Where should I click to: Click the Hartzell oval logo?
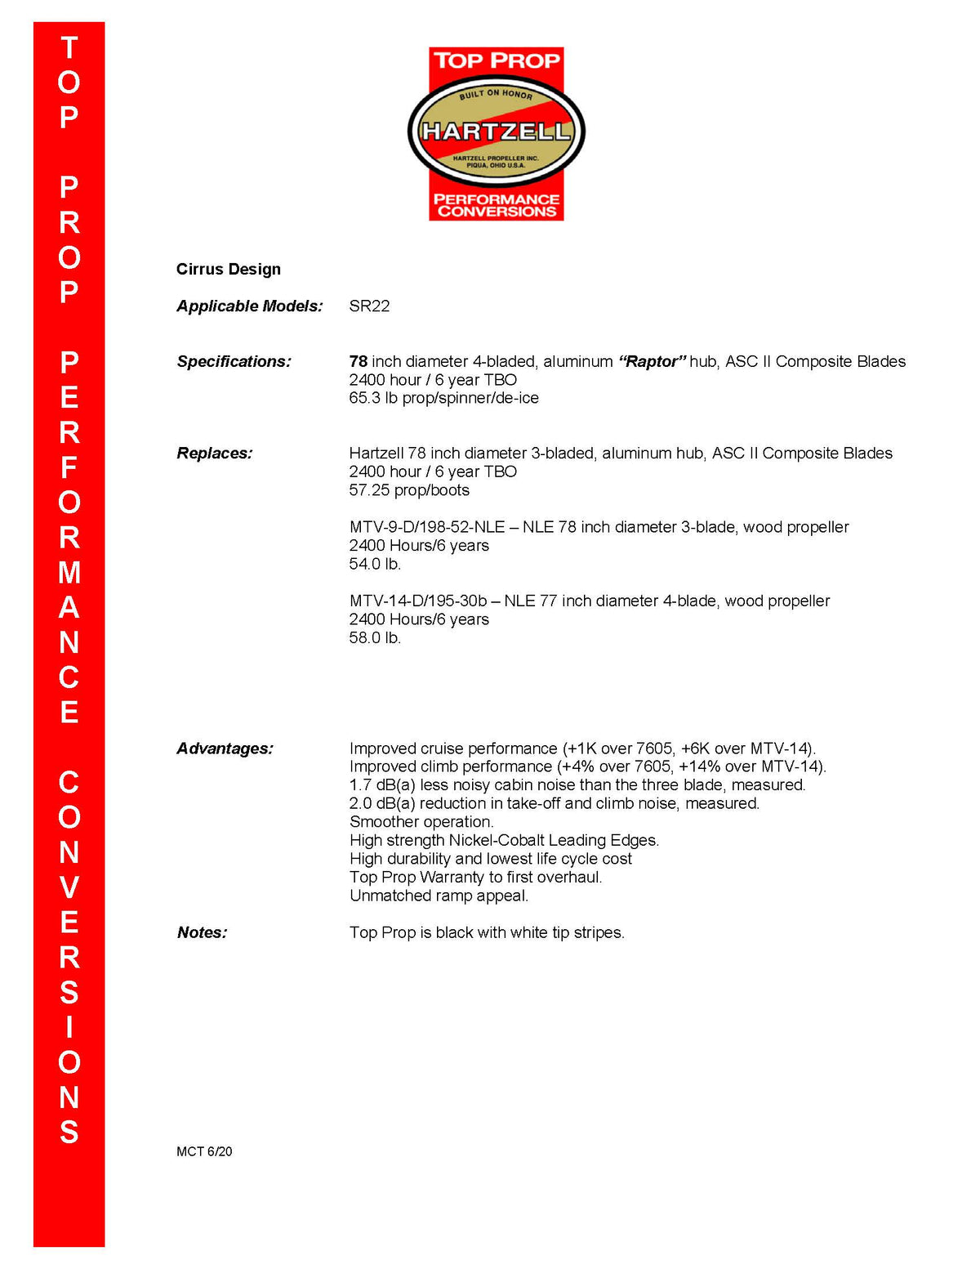496,132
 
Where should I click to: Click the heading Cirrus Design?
229,269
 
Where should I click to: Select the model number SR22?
369,306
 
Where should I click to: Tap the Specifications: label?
234,361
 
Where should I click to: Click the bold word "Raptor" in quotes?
652,361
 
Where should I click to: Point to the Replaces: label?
215,453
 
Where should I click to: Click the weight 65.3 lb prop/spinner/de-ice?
443,398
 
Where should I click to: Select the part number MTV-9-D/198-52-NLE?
427,527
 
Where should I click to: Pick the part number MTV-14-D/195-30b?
418,601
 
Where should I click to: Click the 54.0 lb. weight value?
375,564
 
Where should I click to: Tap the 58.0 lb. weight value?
375,637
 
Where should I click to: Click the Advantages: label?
225,748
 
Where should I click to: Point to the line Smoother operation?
421,822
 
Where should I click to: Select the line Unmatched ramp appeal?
439,896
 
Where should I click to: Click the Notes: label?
202,932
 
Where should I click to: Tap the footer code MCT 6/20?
204,1151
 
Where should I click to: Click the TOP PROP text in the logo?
497,60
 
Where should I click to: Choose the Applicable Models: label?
250,306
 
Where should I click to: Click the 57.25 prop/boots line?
409,490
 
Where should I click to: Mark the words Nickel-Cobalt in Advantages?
497,840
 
